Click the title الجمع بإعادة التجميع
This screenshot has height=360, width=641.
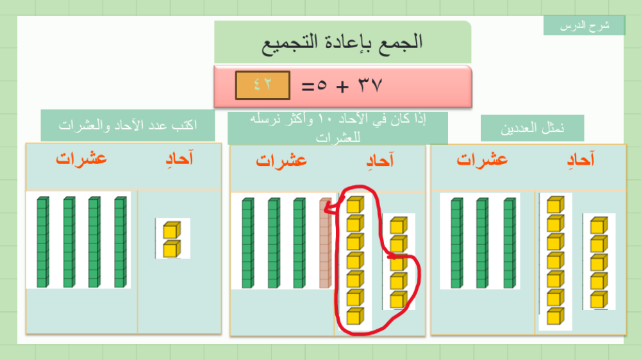pyautogui.click(x=342, y=42)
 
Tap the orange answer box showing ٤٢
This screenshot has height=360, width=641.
pyautogui.click(x=262, y=85)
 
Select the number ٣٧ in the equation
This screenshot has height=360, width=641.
pyautogui.click(x=370, y=85)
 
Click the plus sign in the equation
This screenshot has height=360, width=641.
pyautogui.click(x=342, y=86)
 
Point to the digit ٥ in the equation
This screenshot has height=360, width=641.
pyautogui.click(x=322, y=85)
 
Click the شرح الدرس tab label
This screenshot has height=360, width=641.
pyautogui.click(x=585, y=26)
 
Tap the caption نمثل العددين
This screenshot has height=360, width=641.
pyautogui.click(x=532, y=128)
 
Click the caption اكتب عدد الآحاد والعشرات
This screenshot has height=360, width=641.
pyautogui.click(x=128, y=125)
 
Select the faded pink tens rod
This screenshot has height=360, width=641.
pyautogui.click(x=326, y=243)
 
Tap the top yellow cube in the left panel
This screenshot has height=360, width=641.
pyautogui.click(x=172, y=230)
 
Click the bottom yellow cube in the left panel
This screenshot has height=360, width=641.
pyautogui.click(x=172, y=249)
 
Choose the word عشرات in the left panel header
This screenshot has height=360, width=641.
pyautogui.click(x=81, y=159)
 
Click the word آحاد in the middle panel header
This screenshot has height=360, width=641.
pyautogui.click(x=379, y=160)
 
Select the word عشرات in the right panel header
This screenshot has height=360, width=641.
pyautogui.click(x=482, y=160)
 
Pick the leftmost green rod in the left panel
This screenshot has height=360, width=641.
pyautogui.click(x=43, y=242)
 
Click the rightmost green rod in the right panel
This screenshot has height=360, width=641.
pyautogui.click(x=510, y=243)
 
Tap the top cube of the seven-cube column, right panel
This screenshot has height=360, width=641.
pyautogui.click(x=556, y=205)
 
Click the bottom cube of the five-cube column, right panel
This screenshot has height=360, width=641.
pyautogui.click(x=599, y=300)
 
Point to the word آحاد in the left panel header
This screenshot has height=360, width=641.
pyautogui.click(x=179, y=159)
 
